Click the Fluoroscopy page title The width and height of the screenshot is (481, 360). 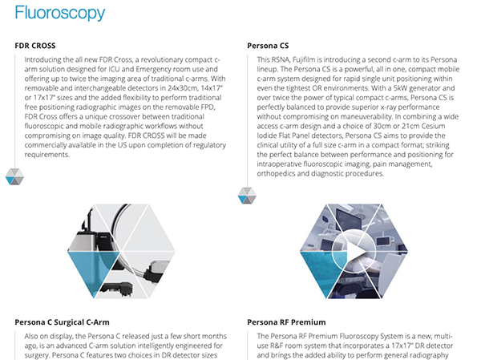(60, 13)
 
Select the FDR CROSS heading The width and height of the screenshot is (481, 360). (35, 46)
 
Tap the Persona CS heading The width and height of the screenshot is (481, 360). (268, 46)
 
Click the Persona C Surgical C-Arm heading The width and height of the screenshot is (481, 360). (62, 322)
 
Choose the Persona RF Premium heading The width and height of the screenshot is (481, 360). (286, 322)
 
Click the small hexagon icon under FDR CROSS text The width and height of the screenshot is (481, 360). (14, 176)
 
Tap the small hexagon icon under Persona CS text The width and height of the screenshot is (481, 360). (247, 196)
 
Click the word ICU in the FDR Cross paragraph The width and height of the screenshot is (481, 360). (114, 69)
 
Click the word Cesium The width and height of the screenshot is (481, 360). (433, 126)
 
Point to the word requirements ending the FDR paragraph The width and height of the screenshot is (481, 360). (47, 155)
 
